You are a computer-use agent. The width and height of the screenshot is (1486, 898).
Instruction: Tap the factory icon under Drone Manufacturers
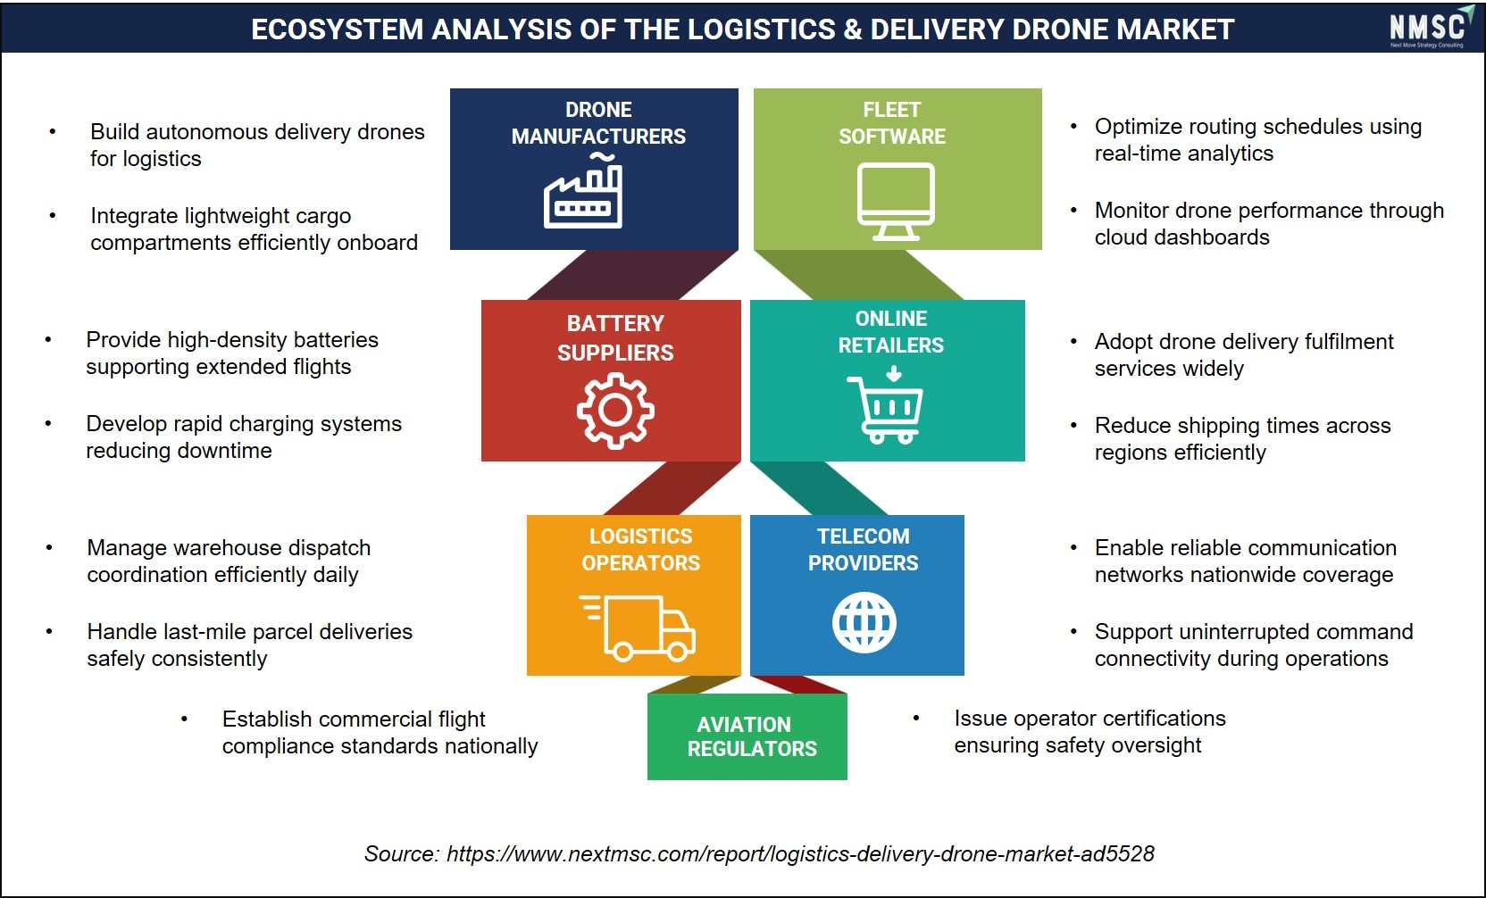click(583, 191)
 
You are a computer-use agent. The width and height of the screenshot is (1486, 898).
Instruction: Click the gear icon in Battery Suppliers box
click(615, 411)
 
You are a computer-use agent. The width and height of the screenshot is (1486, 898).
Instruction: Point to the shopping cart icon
click(885, 404)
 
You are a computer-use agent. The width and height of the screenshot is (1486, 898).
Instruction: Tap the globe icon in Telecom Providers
click(864, 623)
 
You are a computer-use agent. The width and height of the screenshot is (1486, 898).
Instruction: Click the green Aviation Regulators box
click(747, 736)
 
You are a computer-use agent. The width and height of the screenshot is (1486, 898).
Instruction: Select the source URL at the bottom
click(800, 853)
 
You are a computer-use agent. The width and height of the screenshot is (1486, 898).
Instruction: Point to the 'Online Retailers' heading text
click(891, 331)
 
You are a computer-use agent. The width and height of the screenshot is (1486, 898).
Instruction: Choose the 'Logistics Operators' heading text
click(641, 549)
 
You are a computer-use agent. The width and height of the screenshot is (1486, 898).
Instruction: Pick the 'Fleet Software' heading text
click(892, 122)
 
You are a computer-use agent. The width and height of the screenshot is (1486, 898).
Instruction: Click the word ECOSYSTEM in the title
click(337, 29)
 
